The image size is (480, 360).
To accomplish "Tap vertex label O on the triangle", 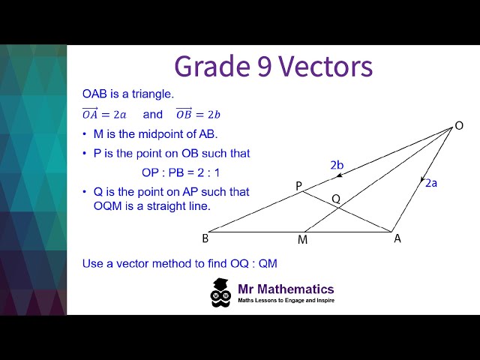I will tap(459, 126).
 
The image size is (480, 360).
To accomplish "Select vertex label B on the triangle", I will tap(205, 238).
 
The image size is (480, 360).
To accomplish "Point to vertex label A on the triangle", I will tap(397, 238).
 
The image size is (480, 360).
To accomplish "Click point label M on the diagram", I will tap(302, 240).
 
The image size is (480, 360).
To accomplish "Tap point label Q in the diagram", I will tap(336, 199).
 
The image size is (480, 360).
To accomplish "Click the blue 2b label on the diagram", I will tap(337, 164).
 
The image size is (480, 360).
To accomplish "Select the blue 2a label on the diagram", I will tap(431, 182).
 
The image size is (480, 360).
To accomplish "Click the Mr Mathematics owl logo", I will tap(220, 292).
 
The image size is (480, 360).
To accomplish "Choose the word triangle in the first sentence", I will tap(151, 94).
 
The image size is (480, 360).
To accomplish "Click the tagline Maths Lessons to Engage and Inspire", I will tap(286, 300).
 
